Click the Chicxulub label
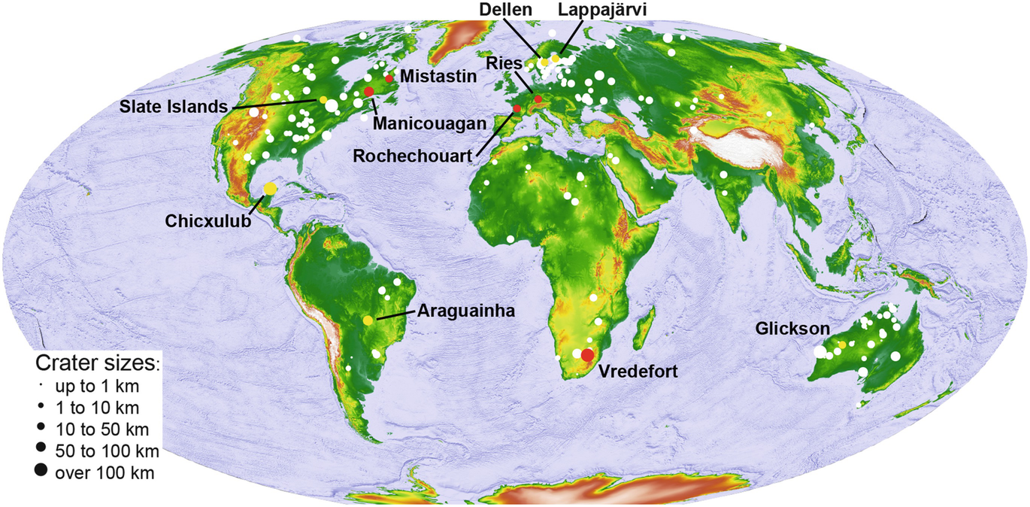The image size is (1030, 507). click(x=208, y=220)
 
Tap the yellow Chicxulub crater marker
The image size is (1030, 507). click(x=271, y=188)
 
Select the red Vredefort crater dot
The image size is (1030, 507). click(x=587, y=355)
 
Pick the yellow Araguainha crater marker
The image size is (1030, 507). click(x=368, y=320)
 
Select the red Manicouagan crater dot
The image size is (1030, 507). click(x=368, y=91)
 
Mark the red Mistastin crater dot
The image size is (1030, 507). click(x=389, y=78)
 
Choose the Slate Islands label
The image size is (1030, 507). click(x=171, y=106)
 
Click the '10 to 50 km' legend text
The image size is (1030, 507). click(x=102, y=430)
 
